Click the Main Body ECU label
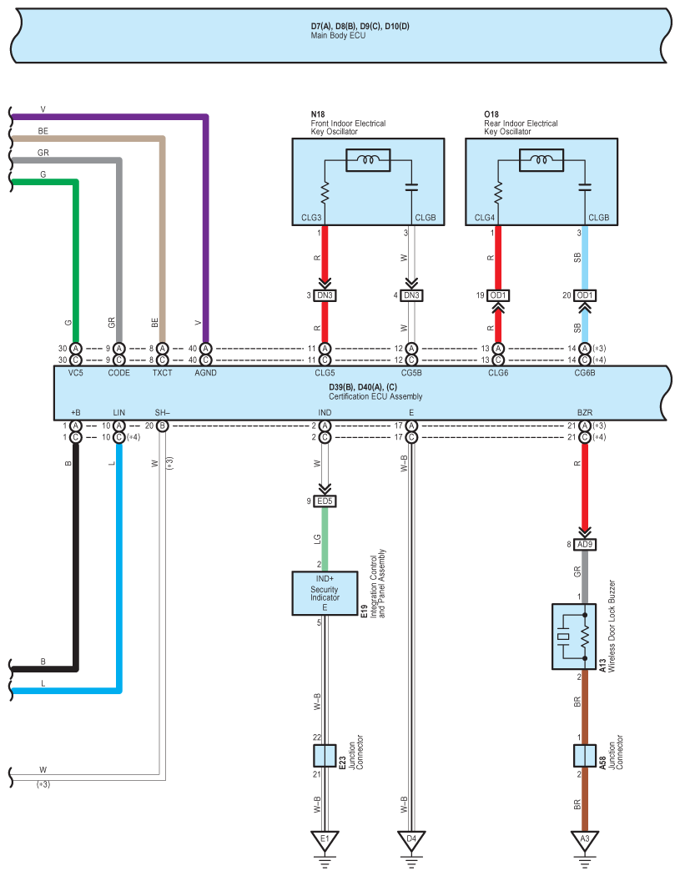(338, 35)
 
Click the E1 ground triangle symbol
(325, 839)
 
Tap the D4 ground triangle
(411, 839)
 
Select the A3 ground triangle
(584, 839)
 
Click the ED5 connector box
(325, 501)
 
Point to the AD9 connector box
(584, 544)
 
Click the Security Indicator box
(325, 593)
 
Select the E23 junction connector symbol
(325, 755)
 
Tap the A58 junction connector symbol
(584, 755)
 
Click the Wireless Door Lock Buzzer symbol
(574, 637)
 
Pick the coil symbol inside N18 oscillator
(368, 160)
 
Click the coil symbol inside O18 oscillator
(541, 160)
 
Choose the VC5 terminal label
(75, 373)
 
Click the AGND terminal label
(205, 373)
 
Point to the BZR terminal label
(584, 413)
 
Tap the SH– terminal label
(162, 413)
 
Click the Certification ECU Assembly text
(375, 396)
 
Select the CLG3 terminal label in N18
(311, 218)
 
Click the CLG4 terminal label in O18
(485, 218)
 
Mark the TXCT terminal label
(162, 373)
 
